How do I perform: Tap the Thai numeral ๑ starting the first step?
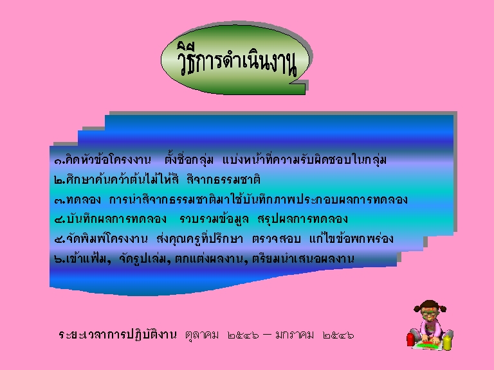pos(59,161)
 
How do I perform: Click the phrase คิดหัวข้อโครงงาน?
pos(108,159)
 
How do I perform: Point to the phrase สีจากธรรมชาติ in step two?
pos(223,179)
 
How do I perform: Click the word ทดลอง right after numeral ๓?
pos(84,200)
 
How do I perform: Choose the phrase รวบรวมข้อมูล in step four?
pos(214,218)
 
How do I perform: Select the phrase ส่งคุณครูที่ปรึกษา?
pos(200,238)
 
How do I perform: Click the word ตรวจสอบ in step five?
pos(277,239)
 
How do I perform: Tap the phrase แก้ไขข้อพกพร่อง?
pos(351,238)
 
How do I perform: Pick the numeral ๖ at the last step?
pos(59,260)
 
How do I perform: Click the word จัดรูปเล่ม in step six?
pos(142,258)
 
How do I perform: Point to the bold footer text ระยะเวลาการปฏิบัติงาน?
pos(118,335)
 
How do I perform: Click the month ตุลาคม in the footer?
pos(202,335)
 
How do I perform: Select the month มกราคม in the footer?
pos(295,335)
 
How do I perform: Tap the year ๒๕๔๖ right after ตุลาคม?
pos(244,335)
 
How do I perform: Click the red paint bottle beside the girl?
pos(410,340)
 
